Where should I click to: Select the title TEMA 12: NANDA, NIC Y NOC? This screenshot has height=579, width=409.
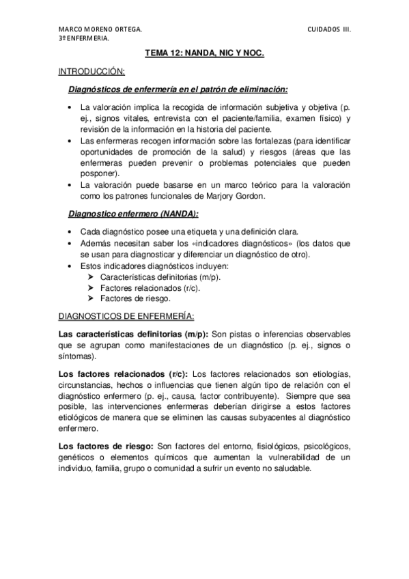(204, 52)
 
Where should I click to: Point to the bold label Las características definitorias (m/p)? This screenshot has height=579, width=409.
(134, 334)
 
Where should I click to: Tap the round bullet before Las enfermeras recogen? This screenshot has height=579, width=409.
(73, 141)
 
